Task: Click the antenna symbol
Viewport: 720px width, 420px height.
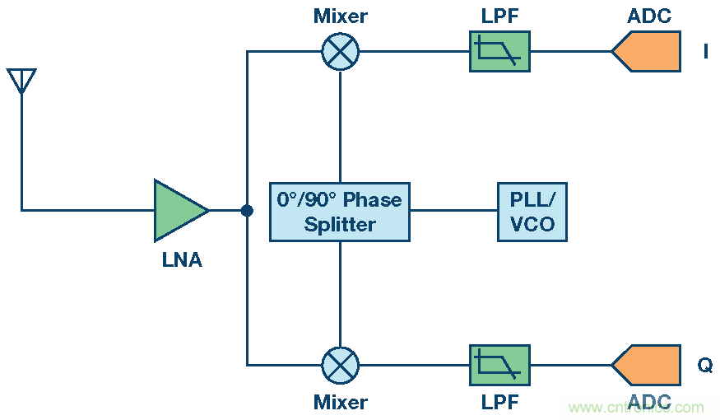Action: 21,81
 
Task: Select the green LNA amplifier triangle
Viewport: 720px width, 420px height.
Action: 178,211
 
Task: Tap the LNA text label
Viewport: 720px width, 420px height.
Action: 182,261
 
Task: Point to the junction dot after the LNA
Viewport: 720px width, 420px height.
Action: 247,211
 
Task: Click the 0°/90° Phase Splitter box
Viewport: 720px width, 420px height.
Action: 340,211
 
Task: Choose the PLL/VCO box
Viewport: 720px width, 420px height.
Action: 532,211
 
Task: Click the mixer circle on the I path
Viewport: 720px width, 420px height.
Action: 340,52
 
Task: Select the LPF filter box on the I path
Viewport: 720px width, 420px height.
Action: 499,52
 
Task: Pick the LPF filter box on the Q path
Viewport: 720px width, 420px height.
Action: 499,365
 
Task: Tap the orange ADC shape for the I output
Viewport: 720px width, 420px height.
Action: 648,52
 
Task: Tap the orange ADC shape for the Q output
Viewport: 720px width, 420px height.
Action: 648,365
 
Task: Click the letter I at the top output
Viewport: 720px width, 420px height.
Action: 705,52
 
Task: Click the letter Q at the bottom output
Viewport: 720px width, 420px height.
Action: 705,365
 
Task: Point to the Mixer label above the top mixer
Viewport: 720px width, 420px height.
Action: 340,16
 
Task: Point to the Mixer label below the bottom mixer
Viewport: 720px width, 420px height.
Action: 340,403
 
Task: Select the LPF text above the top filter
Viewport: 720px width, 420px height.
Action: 499,16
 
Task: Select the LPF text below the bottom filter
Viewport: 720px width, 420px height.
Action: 499,403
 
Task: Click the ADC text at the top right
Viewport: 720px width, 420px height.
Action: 649,16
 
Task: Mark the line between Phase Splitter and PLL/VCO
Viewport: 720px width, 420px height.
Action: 453,211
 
